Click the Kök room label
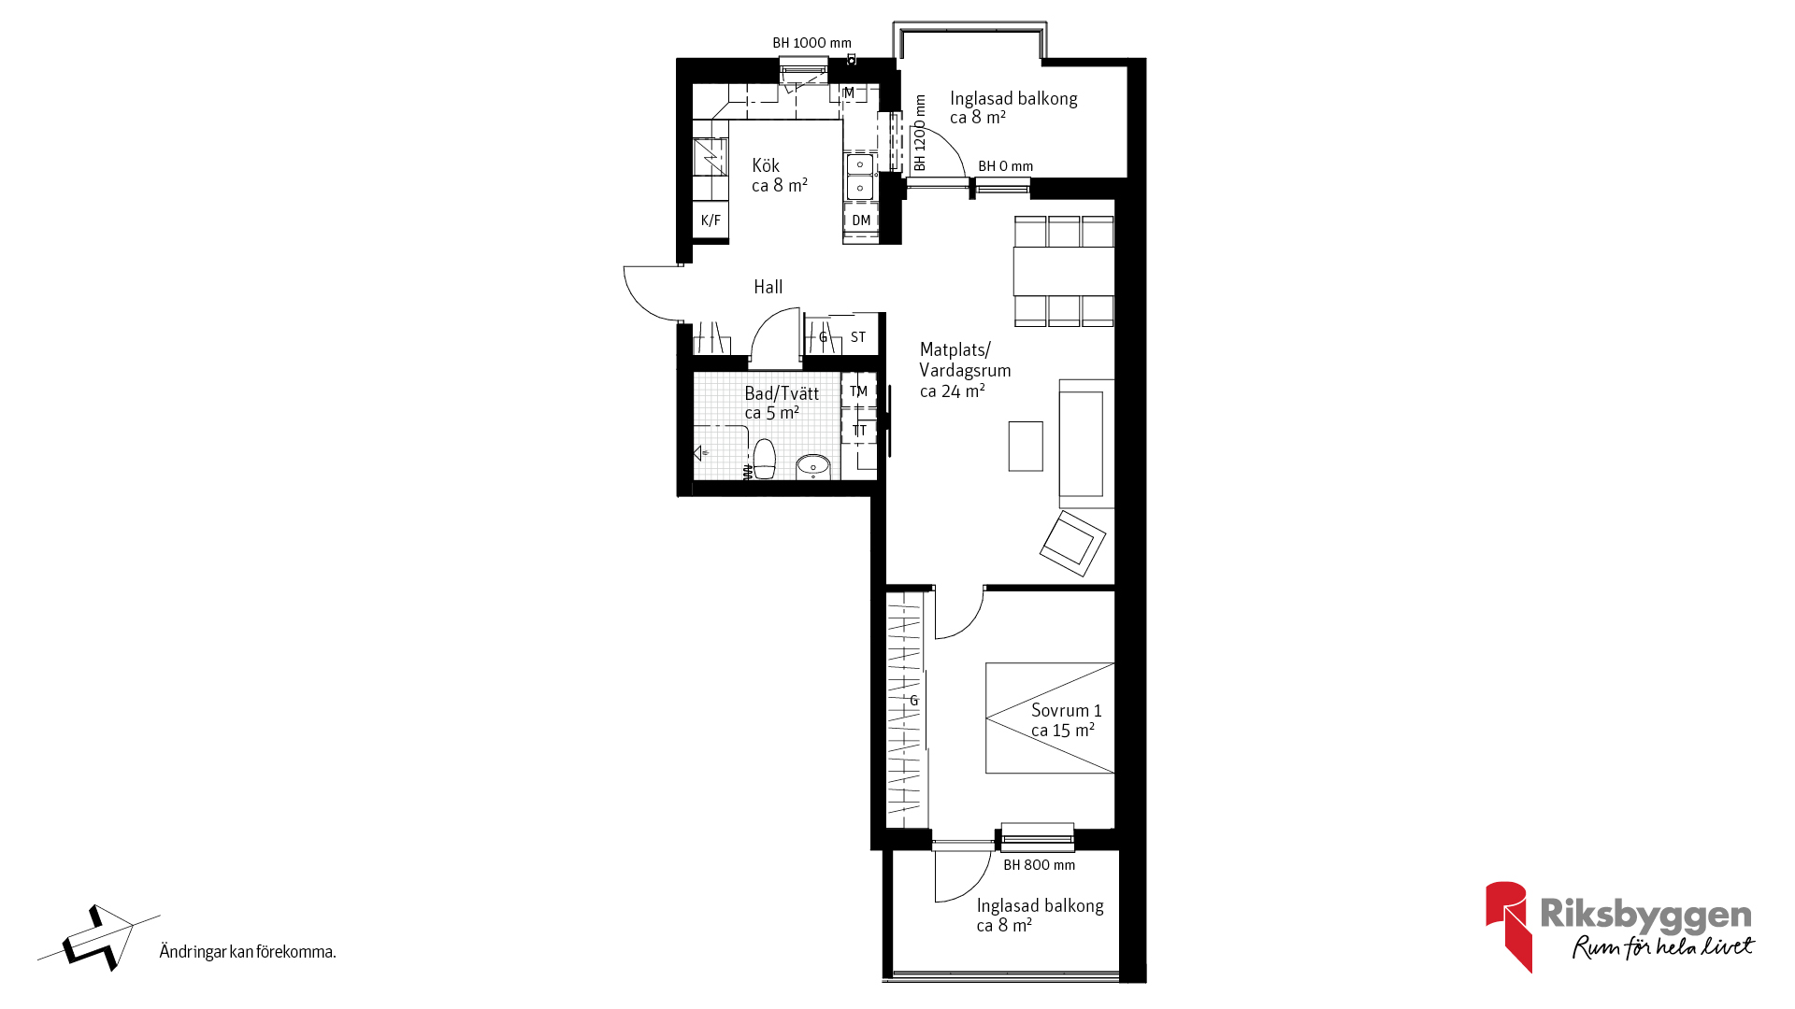[x=779, y=176]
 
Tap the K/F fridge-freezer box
[x=711, y=220]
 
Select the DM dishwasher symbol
[x=861, y=220]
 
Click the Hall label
[x=768, y=287]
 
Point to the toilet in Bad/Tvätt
[x=765, y=460]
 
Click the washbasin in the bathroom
[x=813, y=465]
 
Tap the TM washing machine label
[x=859, y=391]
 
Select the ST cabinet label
[x=858, y=337]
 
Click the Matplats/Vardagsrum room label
[x=965, y=370]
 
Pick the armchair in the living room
[x=1072, y=543]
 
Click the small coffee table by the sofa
[x=1026, y=447]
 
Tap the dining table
[x=1064, y=271]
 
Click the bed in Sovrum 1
[x=1050, y=718]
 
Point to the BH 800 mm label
[x=1039, y=865]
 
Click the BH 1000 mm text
[x=811, y=43]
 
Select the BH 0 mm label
[x=1005, y=166]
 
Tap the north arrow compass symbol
[x=96, y=938]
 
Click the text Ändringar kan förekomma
[x=248, y=952]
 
